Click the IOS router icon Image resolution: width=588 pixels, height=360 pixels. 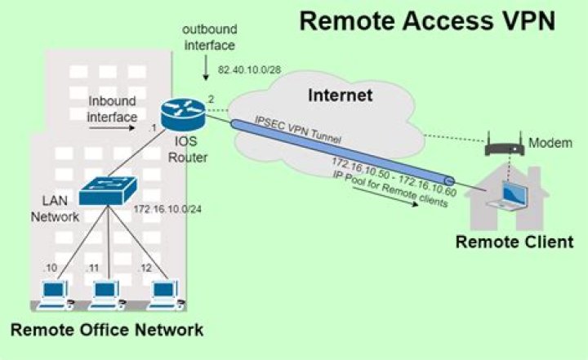tap(184, 113)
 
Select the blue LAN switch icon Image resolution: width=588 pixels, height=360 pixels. tap(109, 191)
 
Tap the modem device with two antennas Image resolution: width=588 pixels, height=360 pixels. tap(505, 144)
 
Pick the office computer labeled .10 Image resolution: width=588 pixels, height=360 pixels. tap(55, 296)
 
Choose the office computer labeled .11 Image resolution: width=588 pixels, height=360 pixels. tap(107, 296)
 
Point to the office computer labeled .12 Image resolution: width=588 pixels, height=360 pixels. tap(165, 296)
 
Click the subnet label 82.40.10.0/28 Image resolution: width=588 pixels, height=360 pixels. tap(249, 69)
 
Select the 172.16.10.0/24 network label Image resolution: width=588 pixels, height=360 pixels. tap(167, 209)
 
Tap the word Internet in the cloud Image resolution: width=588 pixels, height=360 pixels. tap(340, 95)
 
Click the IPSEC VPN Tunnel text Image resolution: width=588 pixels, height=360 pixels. tap(298, 130)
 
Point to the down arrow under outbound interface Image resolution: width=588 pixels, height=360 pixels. tap(206, 68)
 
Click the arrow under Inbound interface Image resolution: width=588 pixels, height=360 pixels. tap(112, 128)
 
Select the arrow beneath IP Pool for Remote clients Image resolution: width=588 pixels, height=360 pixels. tap(385, 196)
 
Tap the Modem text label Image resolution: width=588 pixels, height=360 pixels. tap(550, 143)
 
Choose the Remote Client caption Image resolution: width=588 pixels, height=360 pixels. tap(514, 242)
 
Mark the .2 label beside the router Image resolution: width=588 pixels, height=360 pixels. tap(210, 100)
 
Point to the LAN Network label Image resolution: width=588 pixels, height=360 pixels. tap(56, 208)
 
